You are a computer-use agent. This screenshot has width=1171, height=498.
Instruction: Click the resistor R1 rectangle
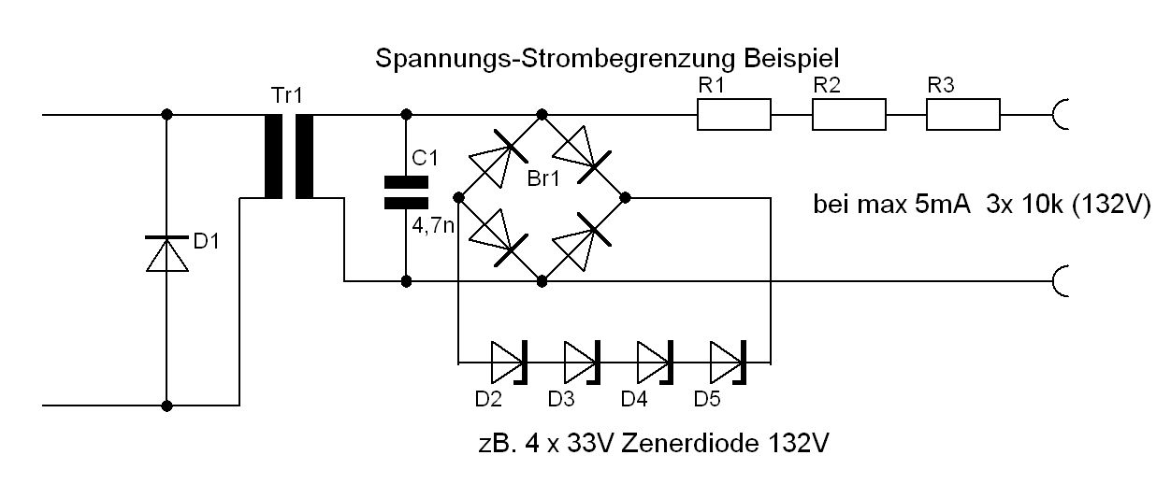pyautogui.click(x=734, y=115)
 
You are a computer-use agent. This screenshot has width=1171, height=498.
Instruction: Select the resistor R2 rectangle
pyautogui.click(x=848, y=115)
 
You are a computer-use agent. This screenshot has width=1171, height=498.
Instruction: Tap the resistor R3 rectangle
pyautogui.click(x=963, y=115)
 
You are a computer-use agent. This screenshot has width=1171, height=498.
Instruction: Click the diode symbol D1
pyautogui.click(x=166, y=252)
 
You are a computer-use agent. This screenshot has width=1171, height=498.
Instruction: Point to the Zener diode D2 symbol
pyautogui.click(x=509, y=360)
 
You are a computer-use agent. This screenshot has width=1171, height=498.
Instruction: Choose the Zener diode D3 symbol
pyautogui.click(x=581, y=360)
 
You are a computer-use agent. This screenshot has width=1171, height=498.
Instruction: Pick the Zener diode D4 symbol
pyautogui.click(x=654, y=360)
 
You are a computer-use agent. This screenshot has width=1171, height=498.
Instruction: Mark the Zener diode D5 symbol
pyautogui.click(x=727, y=360)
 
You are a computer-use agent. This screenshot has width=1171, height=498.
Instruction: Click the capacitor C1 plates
pyautogui.click(x=406, y=191)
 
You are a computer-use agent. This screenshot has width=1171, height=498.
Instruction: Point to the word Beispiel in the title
pyautogui.click(x=798, y=58)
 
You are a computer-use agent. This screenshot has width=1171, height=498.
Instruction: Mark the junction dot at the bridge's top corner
pyautogui.click(x=542, y=115)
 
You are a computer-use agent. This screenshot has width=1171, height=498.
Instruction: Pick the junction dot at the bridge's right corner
pyautogui.click(x=625, y=197)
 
